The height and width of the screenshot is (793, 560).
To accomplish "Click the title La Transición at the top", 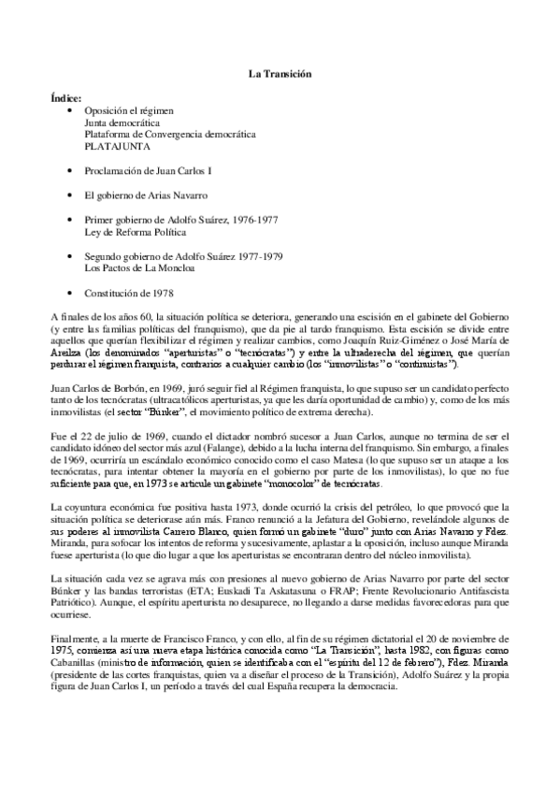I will [279, 73].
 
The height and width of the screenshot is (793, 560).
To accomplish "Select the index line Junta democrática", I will [121, 123].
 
